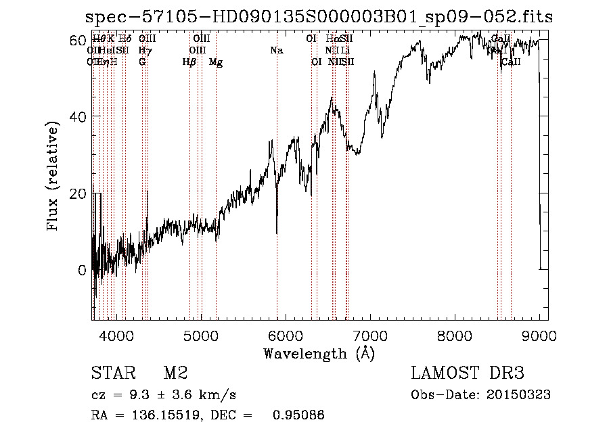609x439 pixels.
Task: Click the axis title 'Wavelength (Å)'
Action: click(319, 353)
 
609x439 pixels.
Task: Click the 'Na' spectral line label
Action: click(276, 51)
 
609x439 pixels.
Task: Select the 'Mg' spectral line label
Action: click(216, 62)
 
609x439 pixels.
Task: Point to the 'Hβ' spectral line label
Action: click(189, 62)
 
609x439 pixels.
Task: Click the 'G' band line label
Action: click(142, 62)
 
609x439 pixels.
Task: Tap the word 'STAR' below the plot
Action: click(112, 374)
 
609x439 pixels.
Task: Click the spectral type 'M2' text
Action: click(175, 374)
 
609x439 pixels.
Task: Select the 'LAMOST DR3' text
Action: click(468, 374)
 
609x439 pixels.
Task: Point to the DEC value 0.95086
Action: click(298, 415)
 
